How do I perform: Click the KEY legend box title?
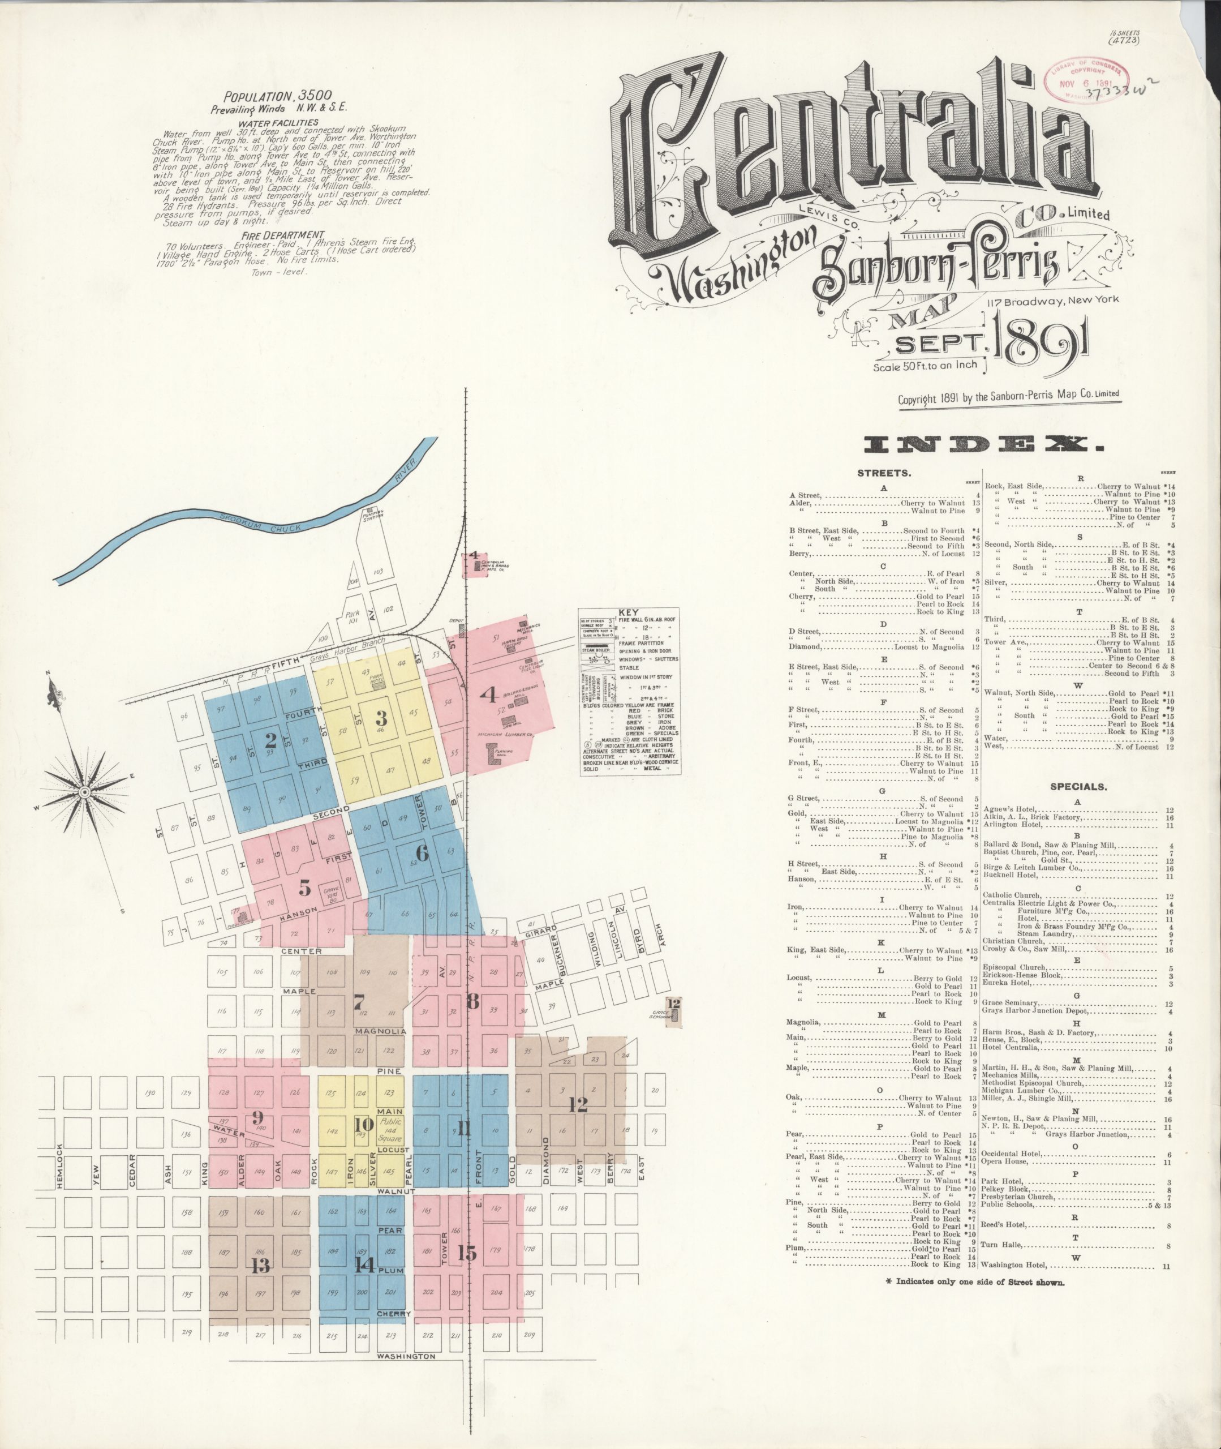coord(629,612)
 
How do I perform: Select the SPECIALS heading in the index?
coord(1078,787)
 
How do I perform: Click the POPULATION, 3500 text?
coord(278,96)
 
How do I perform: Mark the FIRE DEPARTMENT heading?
coord(280,235)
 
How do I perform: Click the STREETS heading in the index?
coord(883,474)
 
